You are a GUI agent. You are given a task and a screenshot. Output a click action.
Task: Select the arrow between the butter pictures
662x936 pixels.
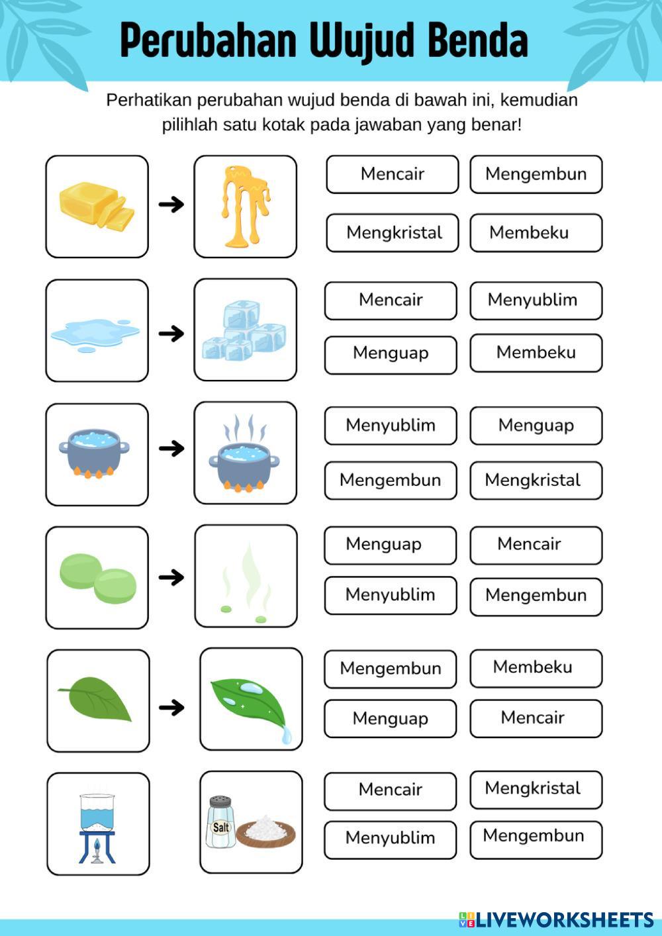point(171,205)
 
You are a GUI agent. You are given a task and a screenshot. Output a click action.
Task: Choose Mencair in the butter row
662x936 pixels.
point(392,174)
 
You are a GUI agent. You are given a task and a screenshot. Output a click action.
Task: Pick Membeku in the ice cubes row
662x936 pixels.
point(536,353)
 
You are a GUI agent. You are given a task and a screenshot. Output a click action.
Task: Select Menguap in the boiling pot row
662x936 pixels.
point(536,426)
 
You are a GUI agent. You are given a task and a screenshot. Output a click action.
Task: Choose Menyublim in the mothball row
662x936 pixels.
point(390,595)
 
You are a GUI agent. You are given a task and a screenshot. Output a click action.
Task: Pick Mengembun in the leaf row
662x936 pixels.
point(390,669)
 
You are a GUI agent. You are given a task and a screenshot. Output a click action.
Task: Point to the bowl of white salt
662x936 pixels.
point(266,830)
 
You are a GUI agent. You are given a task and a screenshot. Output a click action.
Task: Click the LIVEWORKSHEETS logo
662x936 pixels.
point(556,919)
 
